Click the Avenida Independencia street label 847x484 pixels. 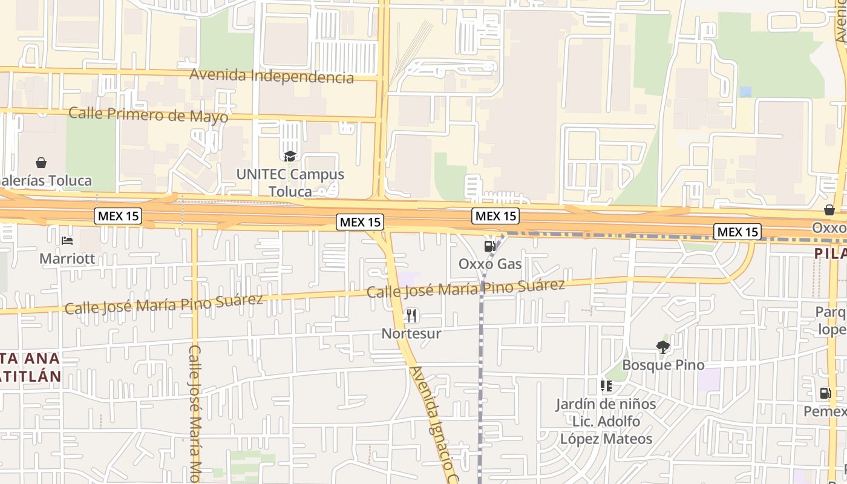point(272,76)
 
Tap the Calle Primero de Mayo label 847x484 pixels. point(148,114)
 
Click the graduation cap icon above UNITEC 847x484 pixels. point(290,157)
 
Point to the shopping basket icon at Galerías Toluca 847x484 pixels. point(41,163)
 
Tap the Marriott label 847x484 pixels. point(67,259)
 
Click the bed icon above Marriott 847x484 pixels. point(67,241)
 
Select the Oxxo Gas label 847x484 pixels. point(490,264)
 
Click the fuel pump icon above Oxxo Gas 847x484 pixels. point(490,246)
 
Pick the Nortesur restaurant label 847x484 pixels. point(411,333)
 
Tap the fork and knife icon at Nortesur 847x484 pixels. point(411,315)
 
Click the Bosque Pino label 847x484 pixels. point(663,365)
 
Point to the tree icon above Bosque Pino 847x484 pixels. point(663,347)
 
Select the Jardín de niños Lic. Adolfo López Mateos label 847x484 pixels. point(606,421)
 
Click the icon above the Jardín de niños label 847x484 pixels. point(606,386)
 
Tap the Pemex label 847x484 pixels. point(826,411)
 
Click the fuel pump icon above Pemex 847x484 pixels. point(826,393)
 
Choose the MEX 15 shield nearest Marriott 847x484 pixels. point(118,216)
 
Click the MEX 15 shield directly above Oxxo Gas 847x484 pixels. point(495,216)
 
